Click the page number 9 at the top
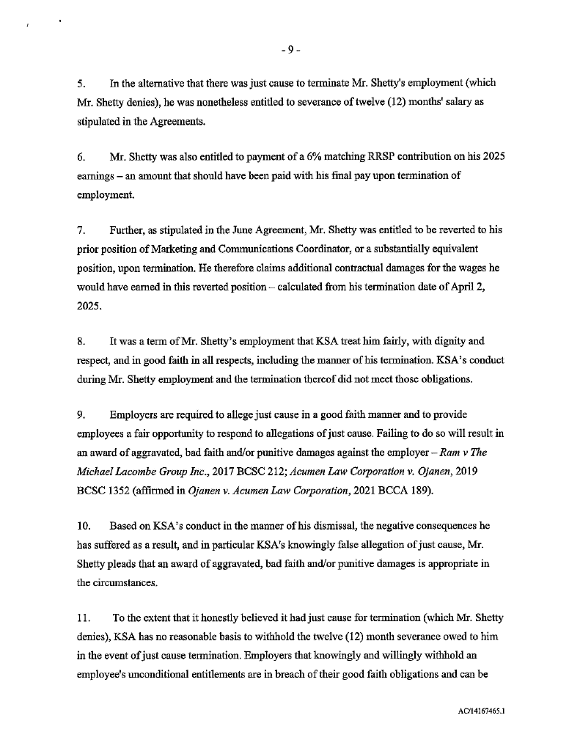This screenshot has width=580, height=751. tap(290, 50)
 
